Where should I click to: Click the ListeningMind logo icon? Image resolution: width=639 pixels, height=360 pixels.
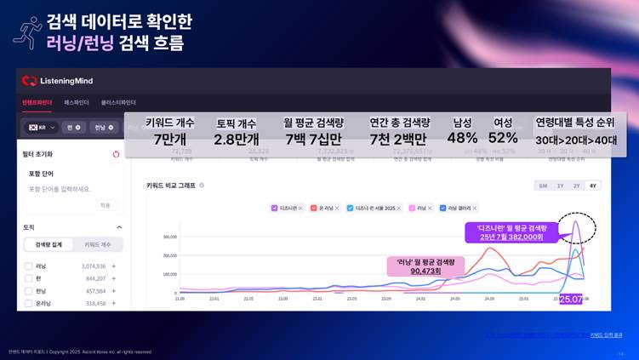30,81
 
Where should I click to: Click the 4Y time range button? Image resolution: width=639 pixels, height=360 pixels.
592,186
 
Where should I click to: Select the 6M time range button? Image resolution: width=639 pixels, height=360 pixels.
542,186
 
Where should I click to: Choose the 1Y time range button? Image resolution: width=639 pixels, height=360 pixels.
560,186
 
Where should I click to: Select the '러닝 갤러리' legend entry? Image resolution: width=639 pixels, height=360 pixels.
456,208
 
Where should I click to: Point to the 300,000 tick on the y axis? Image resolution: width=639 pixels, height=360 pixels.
169,237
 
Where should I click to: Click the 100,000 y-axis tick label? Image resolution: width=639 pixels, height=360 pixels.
169,274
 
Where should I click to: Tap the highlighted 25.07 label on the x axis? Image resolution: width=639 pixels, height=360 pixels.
570,300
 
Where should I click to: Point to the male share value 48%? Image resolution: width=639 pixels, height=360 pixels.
462,139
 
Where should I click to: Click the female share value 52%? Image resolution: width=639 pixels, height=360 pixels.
503,139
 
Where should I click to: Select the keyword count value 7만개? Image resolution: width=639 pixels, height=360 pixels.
169,139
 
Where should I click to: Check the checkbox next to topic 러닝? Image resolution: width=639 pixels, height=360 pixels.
29,266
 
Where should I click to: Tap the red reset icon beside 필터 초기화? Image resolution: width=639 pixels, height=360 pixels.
116,154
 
